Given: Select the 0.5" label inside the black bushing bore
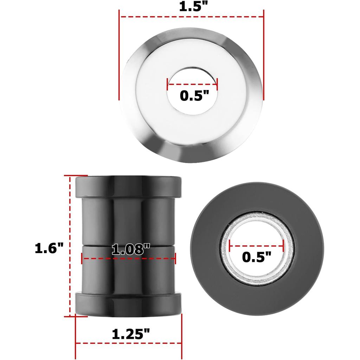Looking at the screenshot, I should click(257, 257).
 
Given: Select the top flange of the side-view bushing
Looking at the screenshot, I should click(129, 186).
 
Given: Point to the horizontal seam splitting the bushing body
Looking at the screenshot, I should click(129, 244).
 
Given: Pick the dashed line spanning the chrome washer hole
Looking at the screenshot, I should click(192, 85).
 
